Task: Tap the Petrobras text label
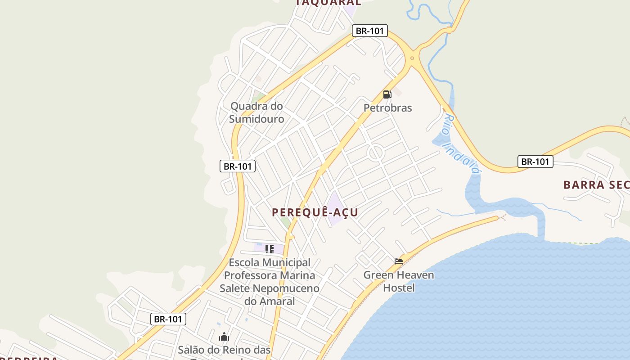click(387, 108)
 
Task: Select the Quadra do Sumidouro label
click(256, 112)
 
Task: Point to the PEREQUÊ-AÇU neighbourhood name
click(315, 212)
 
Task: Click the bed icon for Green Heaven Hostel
click(399, 261)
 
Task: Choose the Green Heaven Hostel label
click(399, 281)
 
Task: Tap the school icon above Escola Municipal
click(269, 249)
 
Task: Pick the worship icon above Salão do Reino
click(224, 337)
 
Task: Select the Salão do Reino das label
click(224, 350)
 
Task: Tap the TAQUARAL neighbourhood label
click(328, 3)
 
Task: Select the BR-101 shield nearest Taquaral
click(369, 31)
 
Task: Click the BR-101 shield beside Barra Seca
click(535, 162)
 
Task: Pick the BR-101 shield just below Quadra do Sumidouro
click(238, 166)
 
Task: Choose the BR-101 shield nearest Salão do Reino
click(168, 319)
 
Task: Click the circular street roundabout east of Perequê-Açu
click(375, 153)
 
